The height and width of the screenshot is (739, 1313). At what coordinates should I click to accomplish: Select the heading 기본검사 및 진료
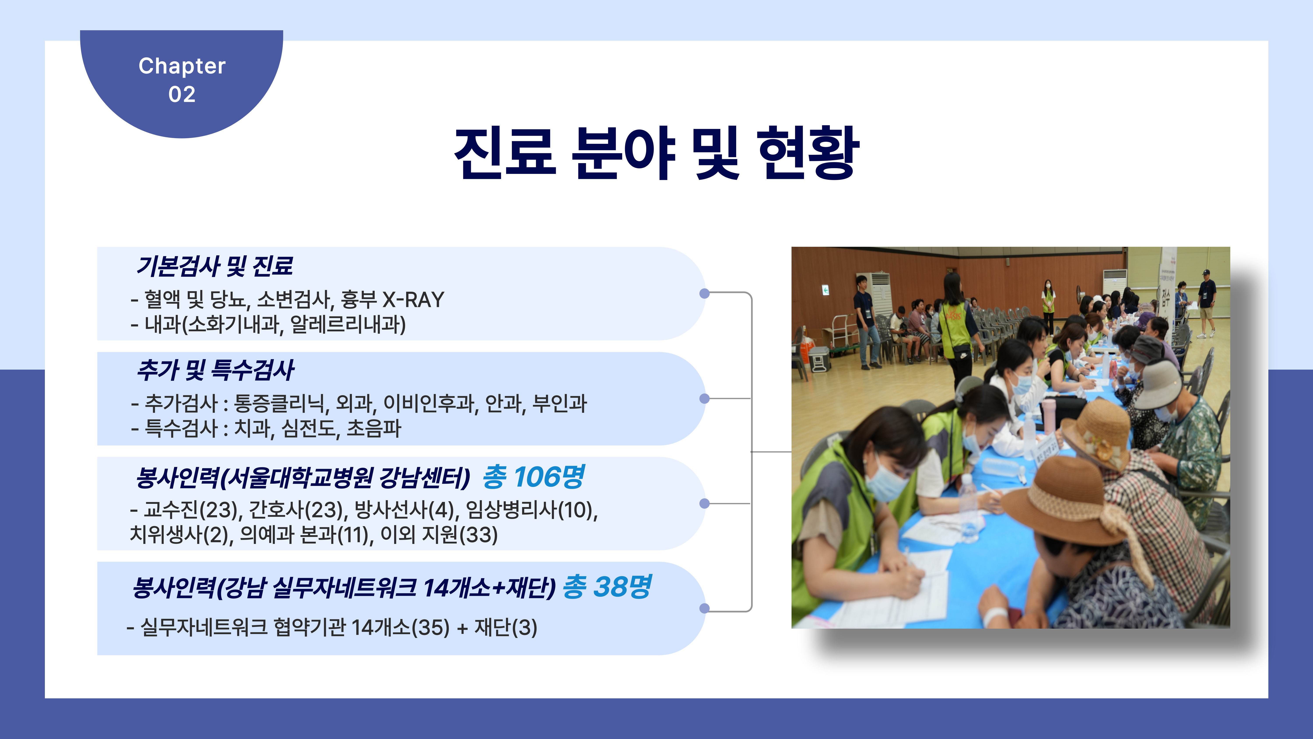[214, 266]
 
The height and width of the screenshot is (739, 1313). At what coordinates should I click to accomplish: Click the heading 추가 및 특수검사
[215, 370]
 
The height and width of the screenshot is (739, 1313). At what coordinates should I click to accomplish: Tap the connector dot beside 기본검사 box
[704, 293]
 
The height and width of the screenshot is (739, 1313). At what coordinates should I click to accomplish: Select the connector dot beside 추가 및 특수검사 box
[704, 398]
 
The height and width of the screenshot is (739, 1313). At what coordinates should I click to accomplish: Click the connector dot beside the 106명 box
[704, 503]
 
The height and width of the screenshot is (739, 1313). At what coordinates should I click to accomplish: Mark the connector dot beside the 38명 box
[704, 608]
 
